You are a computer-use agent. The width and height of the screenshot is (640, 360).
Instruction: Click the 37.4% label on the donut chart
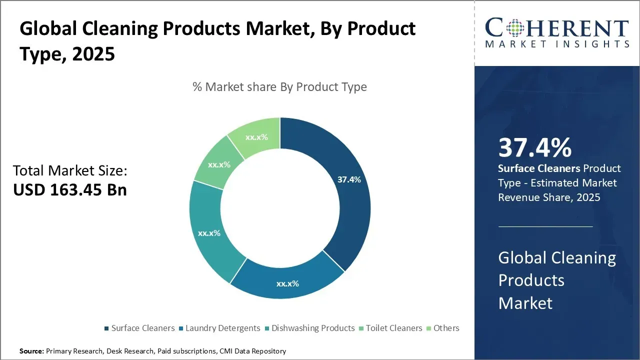click(349, 179)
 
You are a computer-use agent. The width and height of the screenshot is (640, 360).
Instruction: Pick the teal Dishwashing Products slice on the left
click(209, 233)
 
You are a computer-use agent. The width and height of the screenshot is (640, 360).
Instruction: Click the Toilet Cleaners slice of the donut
click(219, 164)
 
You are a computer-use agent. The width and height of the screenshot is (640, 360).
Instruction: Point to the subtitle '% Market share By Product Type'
click(279, 87)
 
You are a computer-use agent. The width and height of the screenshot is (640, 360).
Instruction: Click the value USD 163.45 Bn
click(70, 190)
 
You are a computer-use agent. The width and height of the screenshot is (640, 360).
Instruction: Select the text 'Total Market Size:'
click(70, 171)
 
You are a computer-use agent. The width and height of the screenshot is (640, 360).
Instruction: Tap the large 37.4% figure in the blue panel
click(534, 148)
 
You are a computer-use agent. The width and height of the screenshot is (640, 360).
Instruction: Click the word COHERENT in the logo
click(557, 28)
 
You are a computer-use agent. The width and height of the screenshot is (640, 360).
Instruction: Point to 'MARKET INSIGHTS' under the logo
click(557, 44)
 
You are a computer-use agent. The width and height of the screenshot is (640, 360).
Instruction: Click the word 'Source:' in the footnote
click(31, 351)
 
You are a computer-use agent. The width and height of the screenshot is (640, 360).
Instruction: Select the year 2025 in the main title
click(93, 54)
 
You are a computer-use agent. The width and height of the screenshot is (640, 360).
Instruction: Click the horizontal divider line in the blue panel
click(545, 226)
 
